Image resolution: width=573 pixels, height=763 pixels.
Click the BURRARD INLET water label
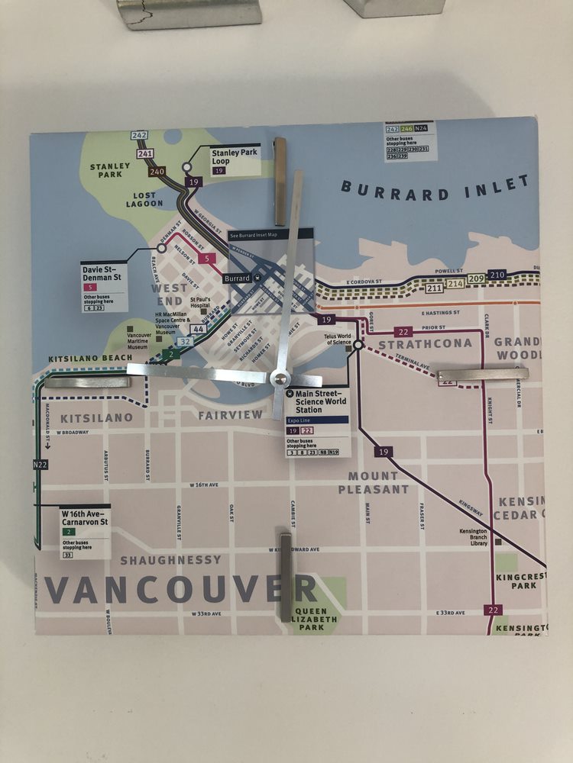point(435,188)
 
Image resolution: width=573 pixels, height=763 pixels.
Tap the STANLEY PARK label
point(110,170)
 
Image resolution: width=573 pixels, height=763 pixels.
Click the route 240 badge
point(158,171)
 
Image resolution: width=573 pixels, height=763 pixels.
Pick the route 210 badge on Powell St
point(497,275)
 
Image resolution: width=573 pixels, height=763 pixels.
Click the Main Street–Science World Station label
point(319,401)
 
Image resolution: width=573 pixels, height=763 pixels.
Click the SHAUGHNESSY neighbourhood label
point(170,560)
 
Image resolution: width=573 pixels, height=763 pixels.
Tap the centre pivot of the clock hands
point(280,378)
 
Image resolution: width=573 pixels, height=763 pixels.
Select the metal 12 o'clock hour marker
point(280,160)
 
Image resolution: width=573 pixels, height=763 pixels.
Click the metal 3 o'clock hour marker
point(482,375)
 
